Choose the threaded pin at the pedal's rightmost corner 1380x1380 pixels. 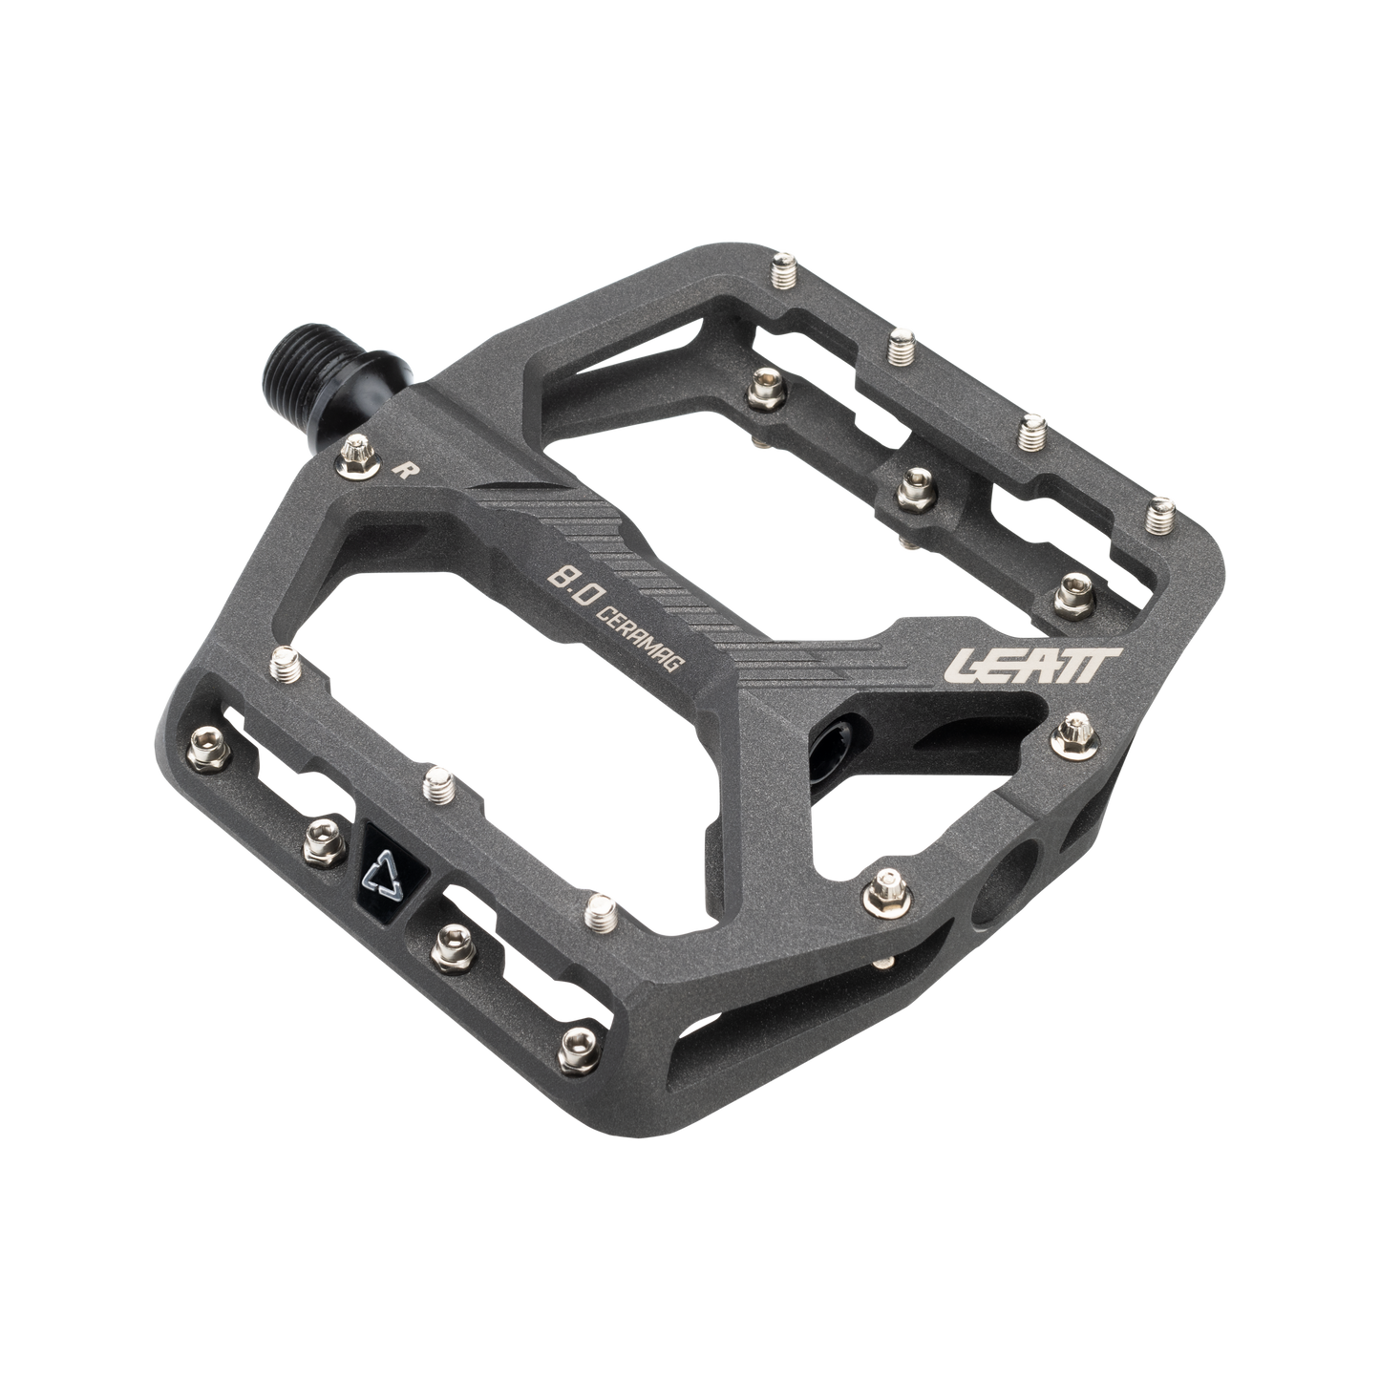coord(1160,515)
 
